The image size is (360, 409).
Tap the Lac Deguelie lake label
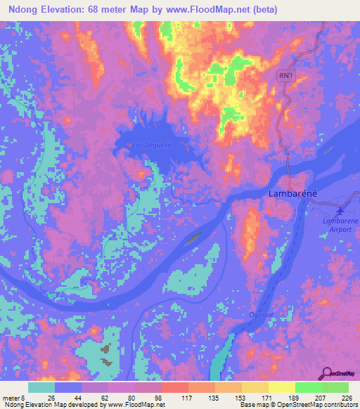(152, 145)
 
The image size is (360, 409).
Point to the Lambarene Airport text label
(338, 224)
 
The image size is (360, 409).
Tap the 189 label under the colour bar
(295, 397)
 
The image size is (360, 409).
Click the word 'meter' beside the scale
(11, 397)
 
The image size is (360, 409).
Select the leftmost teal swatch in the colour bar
(41, 387)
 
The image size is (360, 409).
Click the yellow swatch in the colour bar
(281, 387)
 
